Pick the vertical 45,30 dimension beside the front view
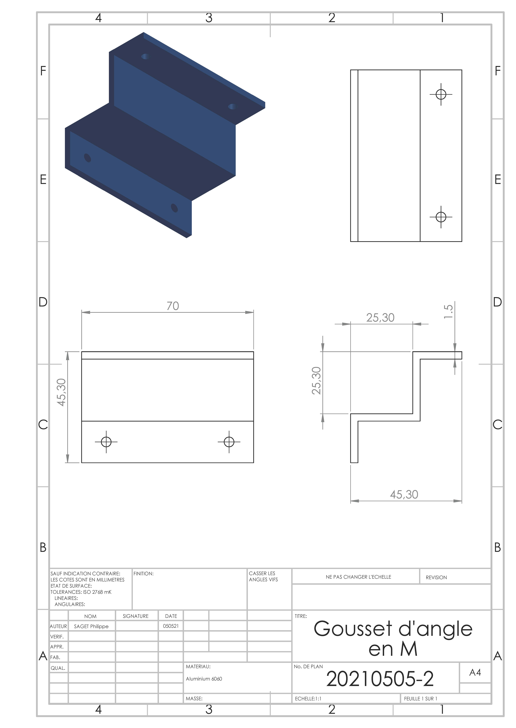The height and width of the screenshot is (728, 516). tap(61, 392)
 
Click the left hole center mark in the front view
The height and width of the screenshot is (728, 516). tap(106, 442)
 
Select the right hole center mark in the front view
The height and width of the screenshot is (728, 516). tap(229, 442)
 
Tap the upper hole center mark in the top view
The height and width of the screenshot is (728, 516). tap(441, 94)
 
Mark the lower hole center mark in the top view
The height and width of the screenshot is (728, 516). tap(441, 217)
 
